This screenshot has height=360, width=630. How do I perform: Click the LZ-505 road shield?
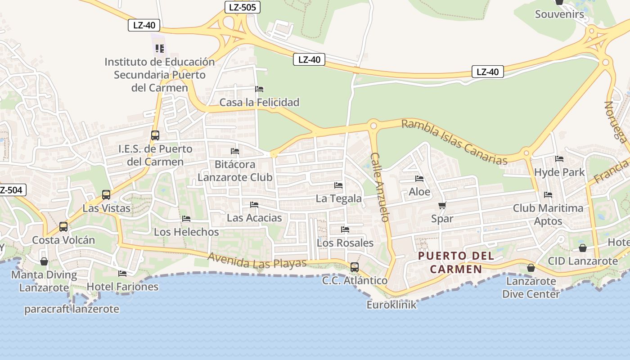coord(243,7)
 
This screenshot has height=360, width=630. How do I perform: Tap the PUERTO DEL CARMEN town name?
coord(456,262)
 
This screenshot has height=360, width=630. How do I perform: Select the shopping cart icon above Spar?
coord(442,206)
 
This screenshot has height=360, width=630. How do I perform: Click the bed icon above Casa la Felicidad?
coord(259,89)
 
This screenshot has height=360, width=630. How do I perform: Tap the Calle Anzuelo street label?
coord(379,187)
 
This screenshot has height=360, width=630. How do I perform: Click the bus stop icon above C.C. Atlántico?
coord(355,267)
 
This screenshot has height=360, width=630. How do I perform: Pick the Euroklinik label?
coord(391,305)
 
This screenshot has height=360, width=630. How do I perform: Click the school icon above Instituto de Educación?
coord(160,48)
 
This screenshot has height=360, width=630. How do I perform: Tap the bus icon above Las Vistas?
coord(106,195)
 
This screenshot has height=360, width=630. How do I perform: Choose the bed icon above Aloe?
coord(419,179)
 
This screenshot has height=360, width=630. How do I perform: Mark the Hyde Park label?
coord(559,172)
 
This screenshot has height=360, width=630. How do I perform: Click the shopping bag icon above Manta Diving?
coord(44,261)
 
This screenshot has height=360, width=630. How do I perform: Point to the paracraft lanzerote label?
coord(72,309)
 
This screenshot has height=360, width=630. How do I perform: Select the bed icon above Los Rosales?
coord(345,229)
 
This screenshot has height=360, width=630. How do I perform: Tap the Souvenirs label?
coord(559,14)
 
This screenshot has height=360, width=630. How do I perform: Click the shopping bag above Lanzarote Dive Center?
coord(531,268)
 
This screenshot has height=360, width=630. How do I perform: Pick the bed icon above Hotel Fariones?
coord(122,274)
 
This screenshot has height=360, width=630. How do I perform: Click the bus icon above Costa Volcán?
coord(63,227)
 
